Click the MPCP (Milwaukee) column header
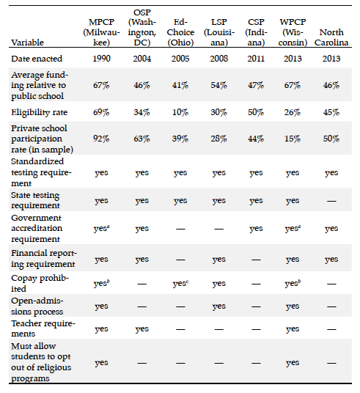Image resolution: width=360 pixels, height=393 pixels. pos(101,32)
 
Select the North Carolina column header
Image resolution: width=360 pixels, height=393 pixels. pos(331,37)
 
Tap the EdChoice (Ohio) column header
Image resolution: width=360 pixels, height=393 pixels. pos(180,32)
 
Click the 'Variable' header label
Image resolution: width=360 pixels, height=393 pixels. pos(27,43)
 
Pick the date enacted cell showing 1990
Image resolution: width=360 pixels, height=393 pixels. pos(101,59)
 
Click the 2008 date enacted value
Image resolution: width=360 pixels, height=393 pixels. pos(218,59)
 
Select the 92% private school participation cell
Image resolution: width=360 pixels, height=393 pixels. pos(101,139)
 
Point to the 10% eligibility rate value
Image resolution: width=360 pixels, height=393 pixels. pos(180,112)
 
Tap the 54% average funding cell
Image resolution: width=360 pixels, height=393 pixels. pos(218,86)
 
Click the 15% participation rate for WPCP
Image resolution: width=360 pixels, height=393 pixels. pos(293,139)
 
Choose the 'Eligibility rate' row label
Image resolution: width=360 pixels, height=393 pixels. pos(39,112)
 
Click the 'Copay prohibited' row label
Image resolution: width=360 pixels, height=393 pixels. pos(40,283)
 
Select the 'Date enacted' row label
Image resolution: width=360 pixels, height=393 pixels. pos(37,59)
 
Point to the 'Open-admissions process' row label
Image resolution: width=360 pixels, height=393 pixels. pos(37,306)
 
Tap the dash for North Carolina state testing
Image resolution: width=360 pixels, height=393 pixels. pos(331,201)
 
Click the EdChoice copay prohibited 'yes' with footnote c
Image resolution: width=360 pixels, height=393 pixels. pos(180,284)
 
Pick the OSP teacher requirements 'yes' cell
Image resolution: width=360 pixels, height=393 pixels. pos(142,328)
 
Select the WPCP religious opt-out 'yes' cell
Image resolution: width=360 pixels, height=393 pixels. pos(293,362)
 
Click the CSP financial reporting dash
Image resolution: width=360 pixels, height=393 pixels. pos(256,260)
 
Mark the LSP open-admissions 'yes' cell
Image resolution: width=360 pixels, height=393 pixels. pos(218,306)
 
